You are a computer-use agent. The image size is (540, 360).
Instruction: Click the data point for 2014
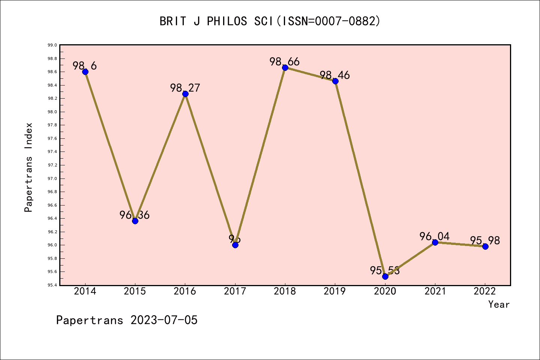point(85,72)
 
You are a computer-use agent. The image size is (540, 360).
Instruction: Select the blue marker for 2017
point(235,245)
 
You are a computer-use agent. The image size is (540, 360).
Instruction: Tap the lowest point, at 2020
point(385,276)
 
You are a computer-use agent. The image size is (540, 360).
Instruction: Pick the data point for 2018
point(285,67)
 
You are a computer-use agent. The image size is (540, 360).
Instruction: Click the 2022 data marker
point(485,246)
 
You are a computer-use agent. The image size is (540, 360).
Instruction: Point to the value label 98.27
point(185,88)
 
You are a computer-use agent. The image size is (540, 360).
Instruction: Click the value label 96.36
point(135,215)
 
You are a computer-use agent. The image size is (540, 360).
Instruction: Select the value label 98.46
point(335,75)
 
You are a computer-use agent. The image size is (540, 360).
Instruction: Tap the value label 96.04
point(435,236)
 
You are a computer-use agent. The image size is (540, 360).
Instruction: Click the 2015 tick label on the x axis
point(135,291)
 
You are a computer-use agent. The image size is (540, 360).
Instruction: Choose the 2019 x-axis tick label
point(335,291)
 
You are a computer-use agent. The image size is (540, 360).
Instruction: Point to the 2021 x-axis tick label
point(435,291)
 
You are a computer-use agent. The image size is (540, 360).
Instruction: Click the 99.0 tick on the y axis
point(52,45)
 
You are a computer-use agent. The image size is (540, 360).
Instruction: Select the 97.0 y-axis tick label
point(52,178)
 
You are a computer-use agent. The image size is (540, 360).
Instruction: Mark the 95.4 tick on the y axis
point(52,285)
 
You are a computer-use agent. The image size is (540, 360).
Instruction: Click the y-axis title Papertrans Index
point(29,167)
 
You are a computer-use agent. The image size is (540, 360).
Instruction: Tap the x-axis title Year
point(499,304)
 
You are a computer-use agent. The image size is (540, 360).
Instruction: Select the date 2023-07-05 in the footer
point(164,320)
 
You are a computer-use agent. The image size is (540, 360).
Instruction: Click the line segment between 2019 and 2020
point(360,178)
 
